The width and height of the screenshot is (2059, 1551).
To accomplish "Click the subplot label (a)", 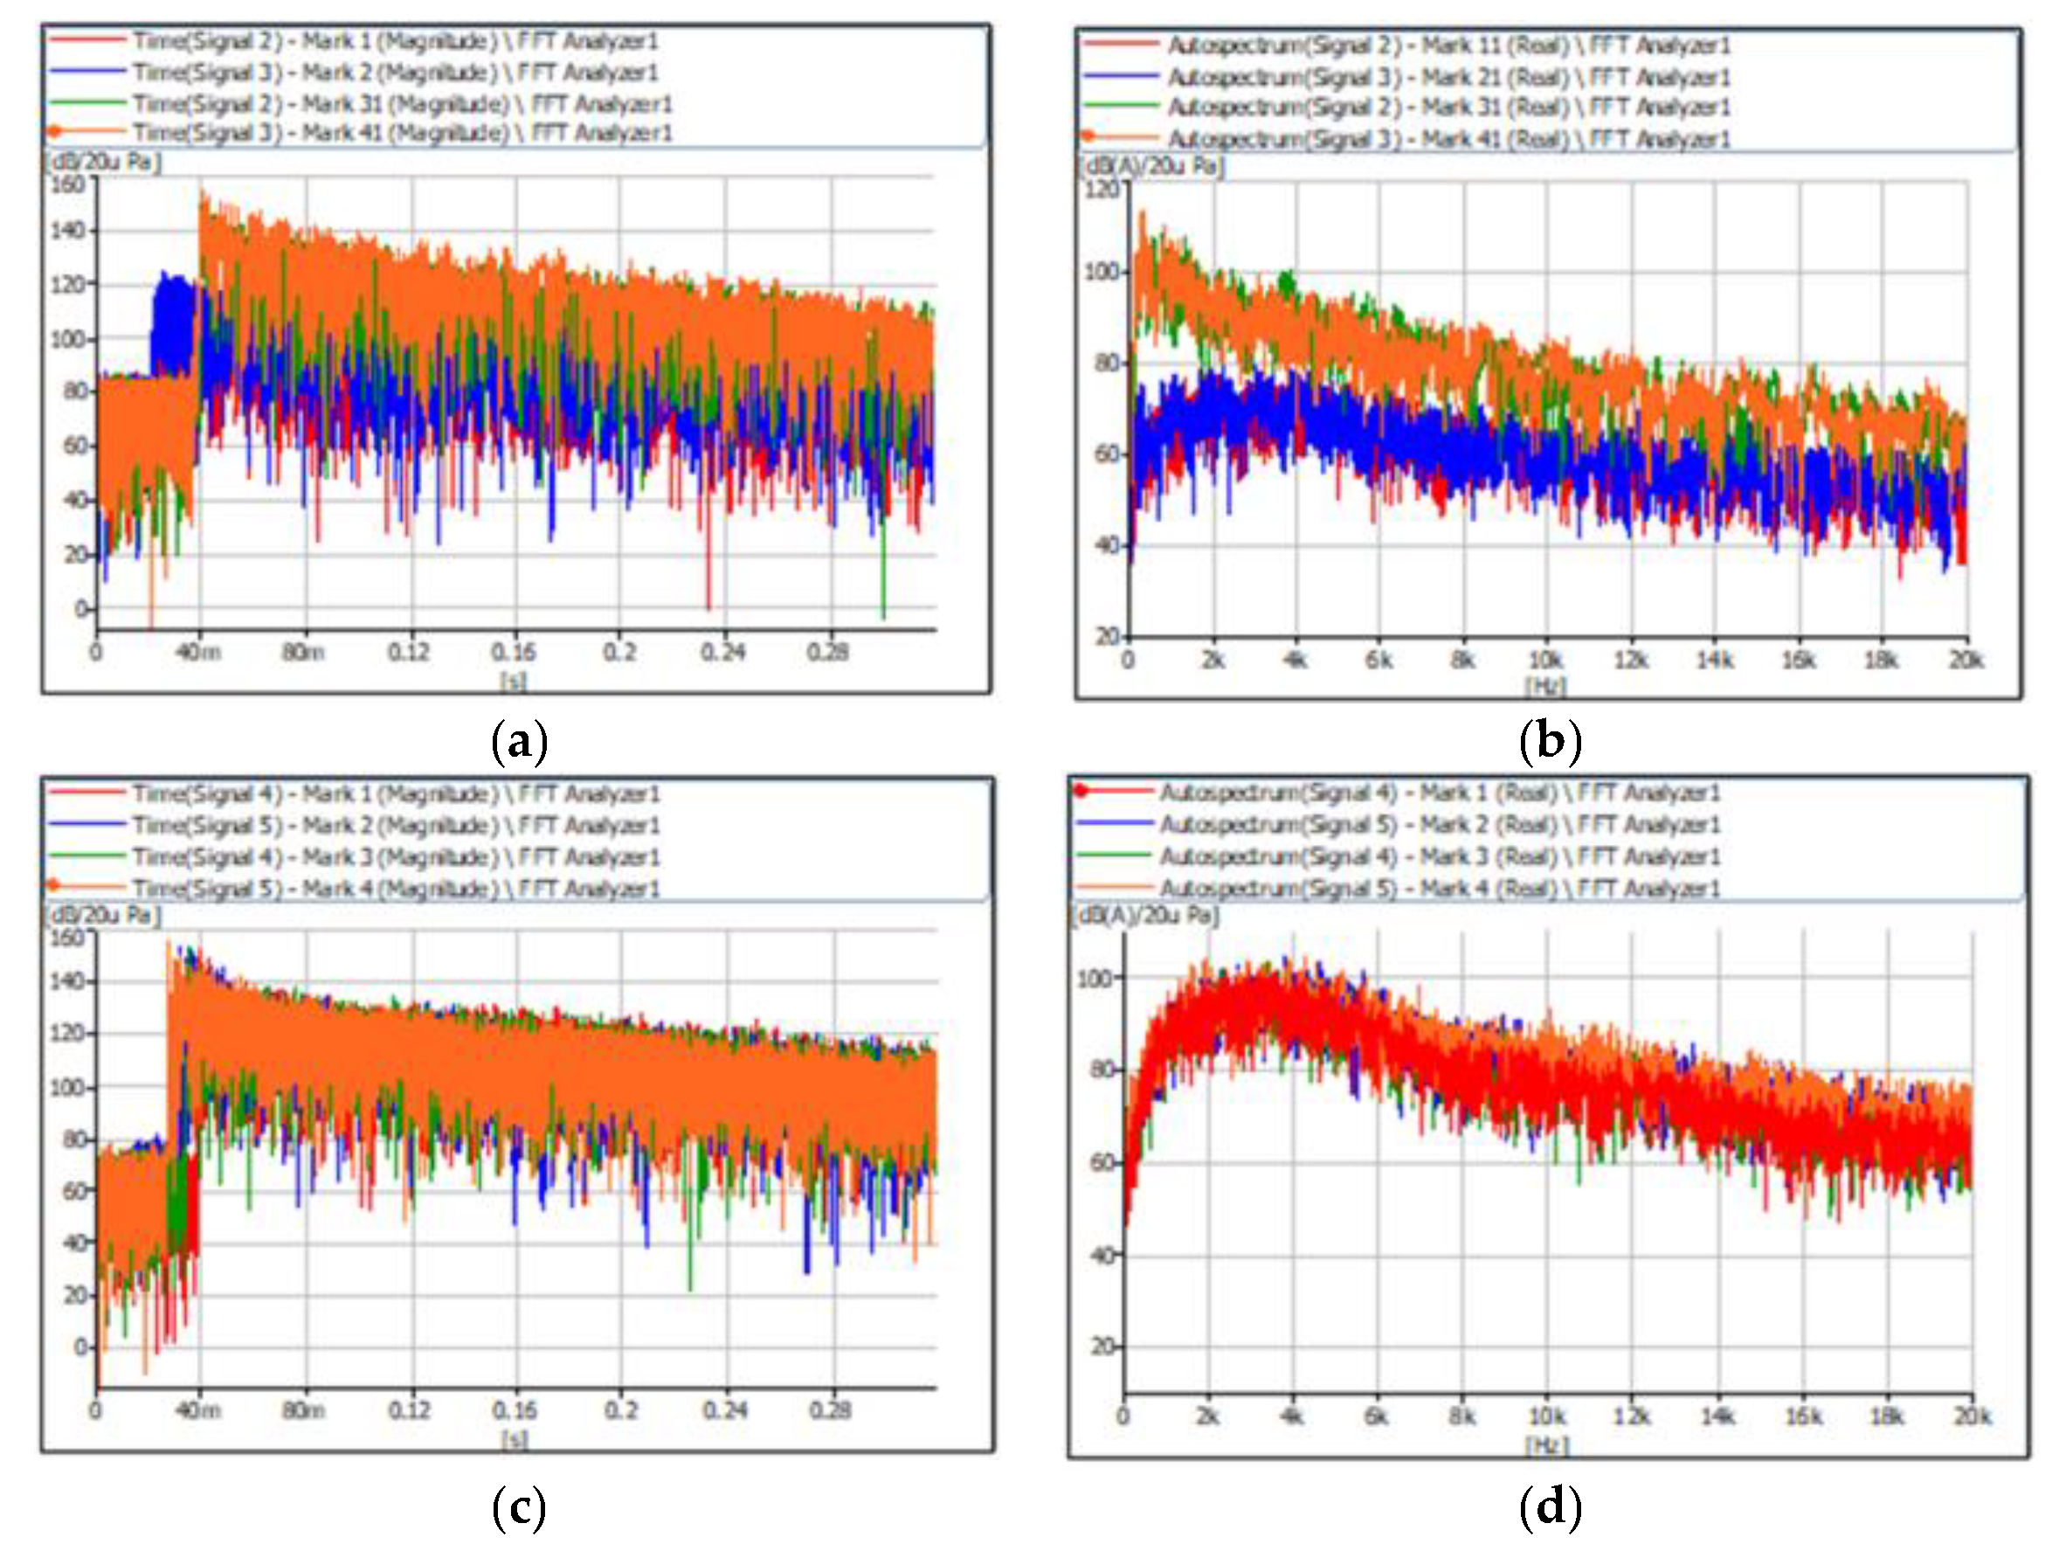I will pos(519,742).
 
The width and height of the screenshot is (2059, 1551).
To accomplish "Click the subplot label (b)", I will pos(1550,742).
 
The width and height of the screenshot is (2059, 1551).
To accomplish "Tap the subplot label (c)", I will pos(519,1508).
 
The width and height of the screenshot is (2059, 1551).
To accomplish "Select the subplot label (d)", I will pos(1550,1508).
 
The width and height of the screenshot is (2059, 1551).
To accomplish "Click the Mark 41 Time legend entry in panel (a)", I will pos(401,133).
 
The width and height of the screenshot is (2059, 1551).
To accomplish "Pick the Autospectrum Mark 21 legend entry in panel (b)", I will pos(1448,76).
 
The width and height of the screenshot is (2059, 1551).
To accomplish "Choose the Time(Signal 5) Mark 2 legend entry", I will pos(396,826).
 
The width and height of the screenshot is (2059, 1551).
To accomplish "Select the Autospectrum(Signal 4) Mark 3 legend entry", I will pos(1439,855).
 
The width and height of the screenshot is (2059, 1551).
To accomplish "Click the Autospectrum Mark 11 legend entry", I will pos(1448,45).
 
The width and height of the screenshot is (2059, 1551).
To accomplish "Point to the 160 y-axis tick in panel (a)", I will pos(69,183).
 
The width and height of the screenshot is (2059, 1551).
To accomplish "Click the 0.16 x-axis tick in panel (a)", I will pos(514,652).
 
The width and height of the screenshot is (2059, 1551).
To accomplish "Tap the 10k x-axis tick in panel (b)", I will pos(1546,660).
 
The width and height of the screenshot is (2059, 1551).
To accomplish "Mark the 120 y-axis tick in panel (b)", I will pos(1103,189).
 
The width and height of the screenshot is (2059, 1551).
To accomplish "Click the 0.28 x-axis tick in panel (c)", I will pos(829,1410).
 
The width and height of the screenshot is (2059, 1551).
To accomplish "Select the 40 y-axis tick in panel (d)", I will pos(1103,1255).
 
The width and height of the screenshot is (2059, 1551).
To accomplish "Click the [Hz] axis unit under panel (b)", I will pos(1546,686).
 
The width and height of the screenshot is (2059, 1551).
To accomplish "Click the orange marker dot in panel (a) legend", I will pos(54,132).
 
